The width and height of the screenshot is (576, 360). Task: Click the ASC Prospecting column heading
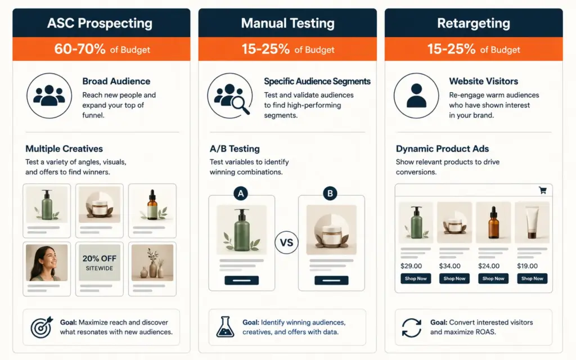click(x=100, y=23)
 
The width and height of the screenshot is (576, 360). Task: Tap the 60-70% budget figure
click(x=80, y=49)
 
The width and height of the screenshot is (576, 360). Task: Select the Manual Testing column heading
click(x=287, y=23)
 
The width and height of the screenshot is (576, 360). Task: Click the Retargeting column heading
click(x=474, y=23)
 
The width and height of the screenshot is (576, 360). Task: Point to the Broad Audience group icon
click(x=49, y=96)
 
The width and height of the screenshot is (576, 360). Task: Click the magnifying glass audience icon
click(x=230, y=96)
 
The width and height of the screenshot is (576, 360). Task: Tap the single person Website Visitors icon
click(x=416, y=96)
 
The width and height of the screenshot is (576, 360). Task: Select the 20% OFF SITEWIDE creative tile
click(x=100, y=268)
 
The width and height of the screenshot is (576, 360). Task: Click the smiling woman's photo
click(x=47, y=263)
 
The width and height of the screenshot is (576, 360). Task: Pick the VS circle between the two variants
click(x=286, y=242)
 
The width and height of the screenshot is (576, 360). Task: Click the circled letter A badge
click(x=241, y=193)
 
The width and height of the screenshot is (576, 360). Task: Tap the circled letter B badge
click(x=330, y=193)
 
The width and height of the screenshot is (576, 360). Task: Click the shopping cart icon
click(x=543, y=190)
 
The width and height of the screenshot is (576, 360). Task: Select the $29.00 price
click(x=411, y=266)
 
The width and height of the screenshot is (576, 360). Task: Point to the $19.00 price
click(x=527, y=266)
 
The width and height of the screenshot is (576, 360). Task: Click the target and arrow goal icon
click(x=42, y=327)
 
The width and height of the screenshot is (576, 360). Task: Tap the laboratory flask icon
click(x=225, y=327)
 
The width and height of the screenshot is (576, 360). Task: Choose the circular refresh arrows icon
click(x=411, y=328)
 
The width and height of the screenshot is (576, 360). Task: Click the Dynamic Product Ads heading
click(x=442, y=148)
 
